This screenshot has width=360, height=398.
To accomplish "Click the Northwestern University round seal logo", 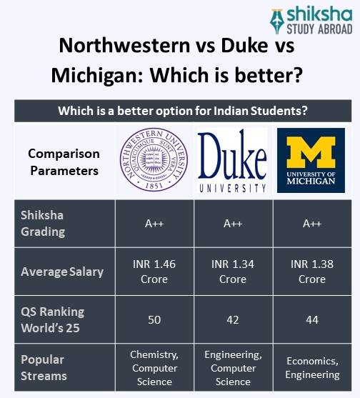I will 154,161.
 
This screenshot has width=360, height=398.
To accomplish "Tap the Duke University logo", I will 232,162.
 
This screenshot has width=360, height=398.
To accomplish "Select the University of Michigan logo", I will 311,161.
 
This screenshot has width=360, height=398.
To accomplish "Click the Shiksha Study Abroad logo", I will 311,21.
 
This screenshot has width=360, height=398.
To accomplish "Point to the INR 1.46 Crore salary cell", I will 154,272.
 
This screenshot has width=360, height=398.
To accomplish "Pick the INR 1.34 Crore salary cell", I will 233,272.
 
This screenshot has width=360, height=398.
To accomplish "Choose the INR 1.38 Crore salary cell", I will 312,272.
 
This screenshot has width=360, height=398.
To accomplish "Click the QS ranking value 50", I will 154,319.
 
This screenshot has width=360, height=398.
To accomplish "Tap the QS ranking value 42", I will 233,319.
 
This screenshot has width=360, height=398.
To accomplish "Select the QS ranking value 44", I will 312,319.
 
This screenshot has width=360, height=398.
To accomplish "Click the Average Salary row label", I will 62,272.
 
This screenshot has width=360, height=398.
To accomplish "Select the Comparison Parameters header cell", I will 64,162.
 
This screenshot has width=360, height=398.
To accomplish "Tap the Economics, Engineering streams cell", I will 312,367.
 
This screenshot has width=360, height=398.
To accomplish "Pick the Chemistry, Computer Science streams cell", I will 154,367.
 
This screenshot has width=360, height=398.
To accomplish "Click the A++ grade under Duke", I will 233,224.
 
